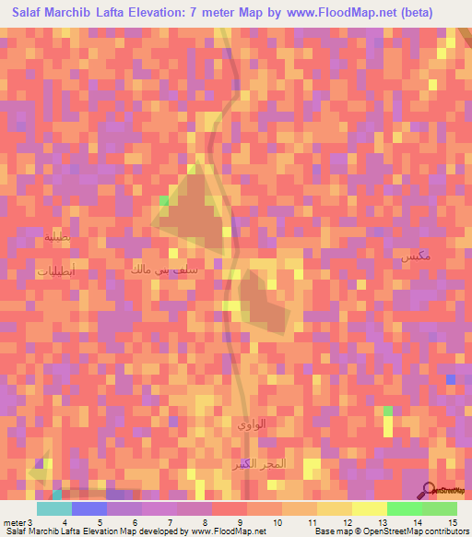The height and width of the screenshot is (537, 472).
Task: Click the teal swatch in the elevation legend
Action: click(54, 508)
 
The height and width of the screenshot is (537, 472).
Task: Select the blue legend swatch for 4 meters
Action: click(89, 508)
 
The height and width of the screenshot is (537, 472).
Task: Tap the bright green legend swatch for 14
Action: click(405, 508)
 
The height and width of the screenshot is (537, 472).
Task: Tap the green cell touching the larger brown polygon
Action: click(164, 199)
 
